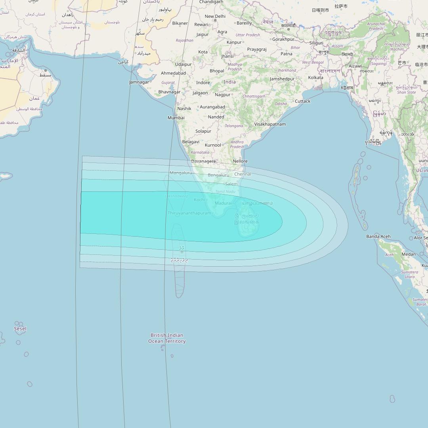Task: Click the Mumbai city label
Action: tap(176, 118)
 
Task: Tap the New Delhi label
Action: tap(215, 16)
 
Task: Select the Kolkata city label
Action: tap(315, 77)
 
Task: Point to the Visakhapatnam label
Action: tap(270, 124)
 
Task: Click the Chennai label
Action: tap(243, 174)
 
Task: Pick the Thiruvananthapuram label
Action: tap(189, 213)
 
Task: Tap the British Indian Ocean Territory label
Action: tap(167, 338)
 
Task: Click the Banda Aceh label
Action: tap(378, 237)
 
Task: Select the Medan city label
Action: tap(409, 254)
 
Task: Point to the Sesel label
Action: tap(20, 329)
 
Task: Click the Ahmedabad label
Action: tap(173, 73)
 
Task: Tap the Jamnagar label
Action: tap(139, 82)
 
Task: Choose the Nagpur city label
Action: tap(223, 95)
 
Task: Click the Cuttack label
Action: tap(303, 101)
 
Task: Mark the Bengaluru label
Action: tap(218, 175)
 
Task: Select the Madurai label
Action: tap(223, 203)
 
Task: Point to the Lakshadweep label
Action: tap(176, 196)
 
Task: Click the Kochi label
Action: tap(199, 200)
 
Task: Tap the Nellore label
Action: tap(240, 161)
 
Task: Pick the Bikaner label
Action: tap(180, 23)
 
